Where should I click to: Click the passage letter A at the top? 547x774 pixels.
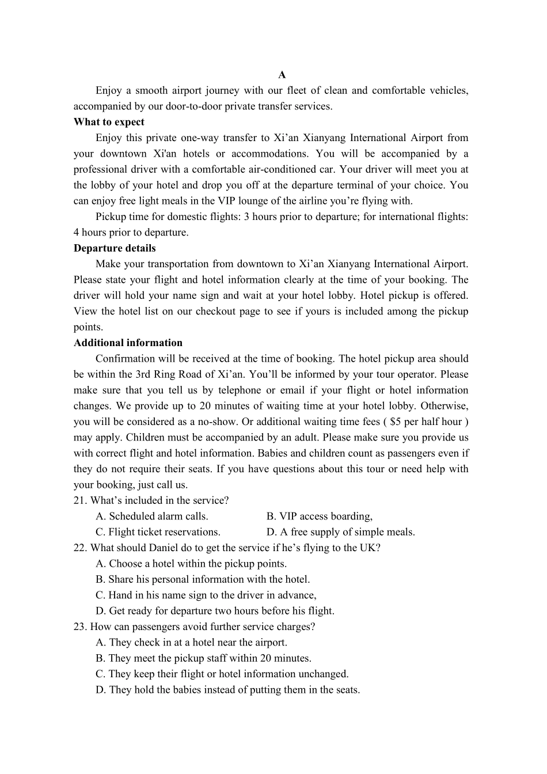(282, 75)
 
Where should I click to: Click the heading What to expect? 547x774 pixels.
(109, 122)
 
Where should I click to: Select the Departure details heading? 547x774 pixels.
(115, 248)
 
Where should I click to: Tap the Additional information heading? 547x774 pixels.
(128, 343)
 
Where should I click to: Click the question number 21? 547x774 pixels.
(79, 500)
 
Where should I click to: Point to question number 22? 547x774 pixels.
(79, 548)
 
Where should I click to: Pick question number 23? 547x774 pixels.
(79, 627)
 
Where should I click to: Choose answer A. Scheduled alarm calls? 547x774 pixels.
(152, 516)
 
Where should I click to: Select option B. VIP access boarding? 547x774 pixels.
(320, 516)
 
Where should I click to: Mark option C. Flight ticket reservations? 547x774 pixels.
(158, 532)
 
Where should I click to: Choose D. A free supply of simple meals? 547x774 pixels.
(341, 532)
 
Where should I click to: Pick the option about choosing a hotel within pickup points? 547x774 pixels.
(191, 564)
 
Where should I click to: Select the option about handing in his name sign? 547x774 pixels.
(206, 595)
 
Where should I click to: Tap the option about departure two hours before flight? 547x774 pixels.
(215, 611)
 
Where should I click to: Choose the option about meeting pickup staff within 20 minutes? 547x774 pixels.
(203, 658)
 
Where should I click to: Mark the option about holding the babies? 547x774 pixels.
(227, 690)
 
